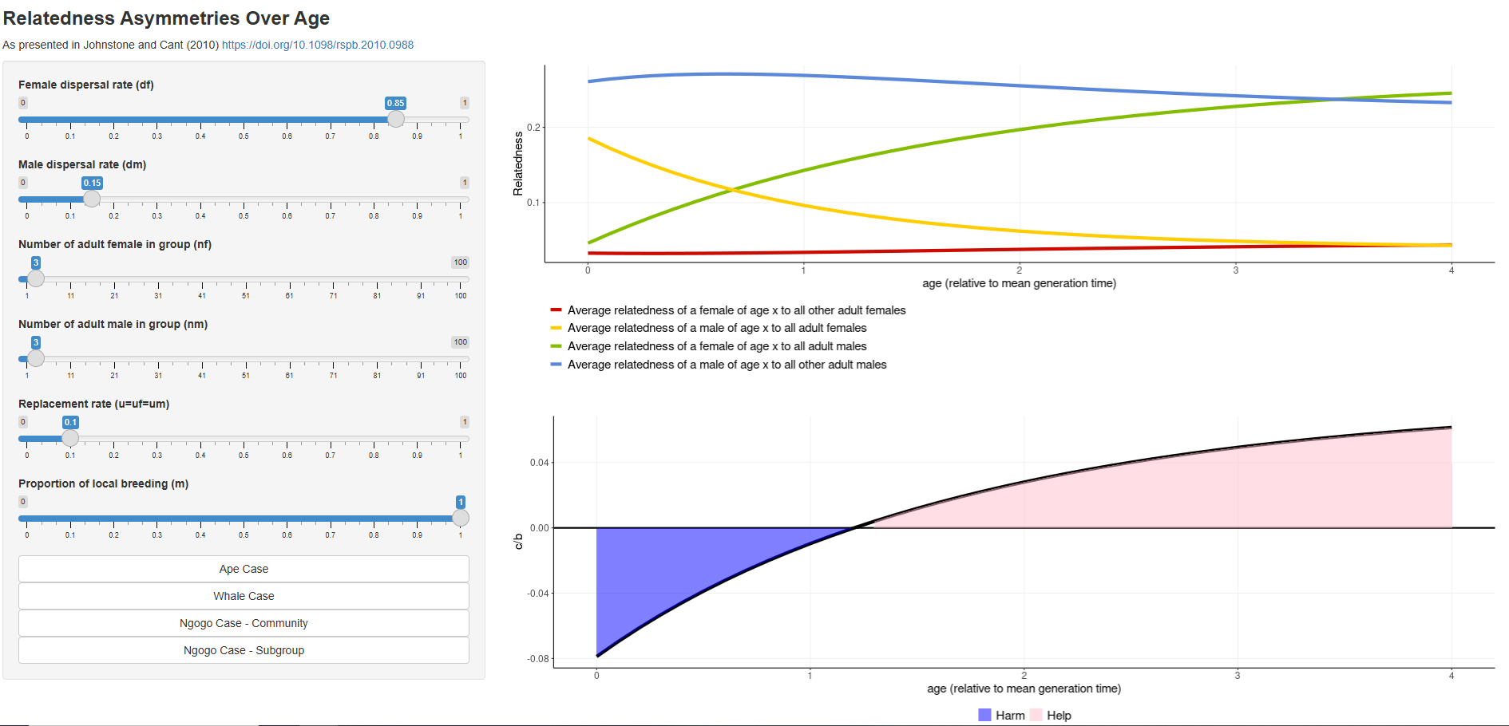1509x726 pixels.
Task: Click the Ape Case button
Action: [244, 569]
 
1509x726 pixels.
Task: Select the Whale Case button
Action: [244, 596]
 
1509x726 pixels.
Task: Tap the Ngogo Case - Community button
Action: [244, 623]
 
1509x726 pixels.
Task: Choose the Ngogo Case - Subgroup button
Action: [244, 650]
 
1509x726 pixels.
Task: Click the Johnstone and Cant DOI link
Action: [318, 45]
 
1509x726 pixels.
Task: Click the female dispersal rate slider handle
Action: [396, 119]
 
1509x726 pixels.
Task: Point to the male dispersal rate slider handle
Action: [92, 199]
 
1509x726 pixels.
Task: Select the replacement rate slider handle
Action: [70, 438]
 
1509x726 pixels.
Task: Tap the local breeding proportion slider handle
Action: [461, 518]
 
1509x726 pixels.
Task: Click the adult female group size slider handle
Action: [36, 278]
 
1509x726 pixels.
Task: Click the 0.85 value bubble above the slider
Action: [396, 103]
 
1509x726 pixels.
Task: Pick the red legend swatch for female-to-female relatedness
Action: [556, 310]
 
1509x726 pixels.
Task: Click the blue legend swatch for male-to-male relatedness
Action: [556, 365]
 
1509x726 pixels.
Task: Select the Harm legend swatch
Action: [984, 715]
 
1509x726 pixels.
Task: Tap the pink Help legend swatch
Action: [1036, 715]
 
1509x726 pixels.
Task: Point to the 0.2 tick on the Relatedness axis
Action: [533, 128]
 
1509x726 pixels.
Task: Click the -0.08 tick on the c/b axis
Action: [538, 659]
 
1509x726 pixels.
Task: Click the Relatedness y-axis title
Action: [518, 164]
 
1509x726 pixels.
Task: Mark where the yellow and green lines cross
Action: [732, 190]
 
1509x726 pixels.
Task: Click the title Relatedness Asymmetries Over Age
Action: [166, 18]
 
